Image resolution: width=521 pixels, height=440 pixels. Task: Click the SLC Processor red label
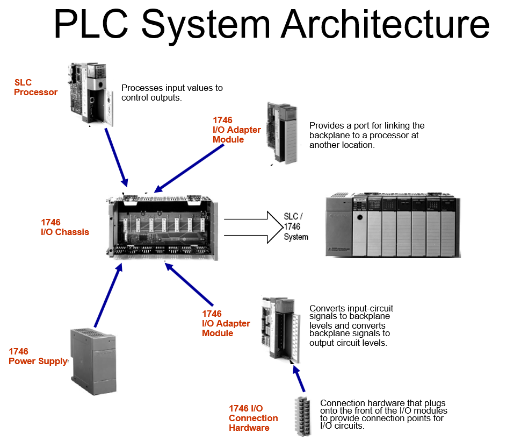[35, 87]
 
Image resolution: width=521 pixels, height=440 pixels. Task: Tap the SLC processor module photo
[90, 95]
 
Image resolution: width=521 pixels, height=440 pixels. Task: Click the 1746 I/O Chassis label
[64, 227]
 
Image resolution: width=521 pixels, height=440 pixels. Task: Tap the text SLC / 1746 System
[296, 226]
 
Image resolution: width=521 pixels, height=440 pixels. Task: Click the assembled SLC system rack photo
[393, 226]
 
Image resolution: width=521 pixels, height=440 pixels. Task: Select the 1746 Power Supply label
[38, 356]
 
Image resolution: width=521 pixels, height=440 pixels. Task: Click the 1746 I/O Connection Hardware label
[253, 418]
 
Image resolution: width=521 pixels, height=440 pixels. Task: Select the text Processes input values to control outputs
[172, 93]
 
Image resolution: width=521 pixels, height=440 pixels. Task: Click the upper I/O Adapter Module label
[236, 130]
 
